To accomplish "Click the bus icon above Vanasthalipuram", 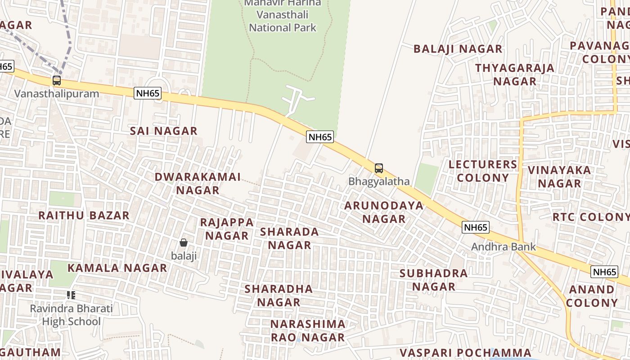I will coord(56,81).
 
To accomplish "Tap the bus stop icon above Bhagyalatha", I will coord(379,168).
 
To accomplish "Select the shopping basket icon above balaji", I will coord(184,243).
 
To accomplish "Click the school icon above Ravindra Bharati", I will coord(71,295).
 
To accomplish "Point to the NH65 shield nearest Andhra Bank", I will coord(476,227).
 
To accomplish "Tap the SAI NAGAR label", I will coord(164,131).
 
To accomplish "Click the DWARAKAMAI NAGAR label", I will coord(198,183).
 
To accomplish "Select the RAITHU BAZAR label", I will coord(84,215).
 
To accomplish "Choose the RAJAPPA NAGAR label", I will coord(227,229).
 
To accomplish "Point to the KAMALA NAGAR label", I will coord(117,268).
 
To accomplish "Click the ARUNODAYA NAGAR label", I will coord(384,212).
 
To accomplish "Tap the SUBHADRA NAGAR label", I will coord(433,280).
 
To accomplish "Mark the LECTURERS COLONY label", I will coord(483,171).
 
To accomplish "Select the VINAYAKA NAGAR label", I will coord(559,177).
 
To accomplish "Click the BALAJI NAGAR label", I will coord(458,49).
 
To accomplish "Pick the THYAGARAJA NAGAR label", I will coord(515,75).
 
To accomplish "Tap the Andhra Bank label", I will coord(504,247).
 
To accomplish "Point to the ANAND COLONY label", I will coord(592,296).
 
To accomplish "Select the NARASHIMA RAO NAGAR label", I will coord(308,330).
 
